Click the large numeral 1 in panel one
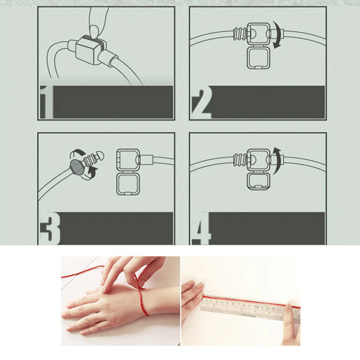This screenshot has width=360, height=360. coord(47,102)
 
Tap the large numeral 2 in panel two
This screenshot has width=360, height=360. coord(201,104)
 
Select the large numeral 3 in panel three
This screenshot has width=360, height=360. coord(50,228)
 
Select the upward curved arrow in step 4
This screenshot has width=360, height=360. coord(278,161)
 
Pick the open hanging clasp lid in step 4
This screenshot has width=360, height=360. coord(258,181)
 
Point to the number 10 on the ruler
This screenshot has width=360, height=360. coord(256,307)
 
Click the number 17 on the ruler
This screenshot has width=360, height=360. coord(296,312)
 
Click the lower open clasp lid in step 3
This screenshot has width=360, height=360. coord(128,184)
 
